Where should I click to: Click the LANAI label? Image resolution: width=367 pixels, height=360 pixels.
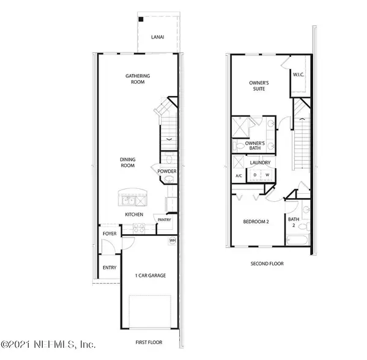[x=158, y=37]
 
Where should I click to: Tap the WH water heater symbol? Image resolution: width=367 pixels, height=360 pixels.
[x=172, y=240]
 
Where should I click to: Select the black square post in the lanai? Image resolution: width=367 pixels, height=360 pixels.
[x=141, y=20]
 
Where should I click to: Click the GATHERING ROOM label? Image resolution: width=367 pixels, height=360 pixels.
[x=138, y=79]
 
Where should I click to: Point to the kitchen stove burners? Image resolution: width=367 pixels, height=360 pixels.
[x=139, y=229]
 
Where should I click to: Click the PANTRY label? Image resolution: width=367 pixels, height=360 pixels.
[x=165, y=219]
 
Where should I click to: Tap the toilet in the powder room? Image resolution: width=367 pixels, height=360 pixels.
[x=169, y=158]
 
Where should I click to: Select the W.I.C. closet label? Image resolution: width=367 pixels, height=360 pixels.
[x=298, y=75]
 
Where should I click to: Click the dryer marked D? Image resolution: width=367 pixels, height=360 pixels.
[x=255, y=175]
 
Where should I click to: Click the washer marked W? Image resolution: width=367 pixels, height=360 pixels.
[x=267, y=175]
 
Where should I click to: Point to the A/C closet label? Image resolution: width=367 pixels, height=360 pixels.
[x=239, y=175]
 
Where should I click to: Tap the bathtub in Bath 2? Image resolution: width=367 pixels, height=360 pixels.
[x=297, y=240]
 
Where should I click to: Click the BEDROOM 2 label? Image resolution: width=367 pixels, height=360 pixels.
[x=256, y=221]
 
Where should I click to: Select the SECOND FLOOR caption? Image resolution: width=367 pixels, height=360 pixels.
[x=267, y=263]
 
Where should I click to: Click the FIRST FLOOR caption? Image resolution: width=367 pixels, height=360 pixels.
[x=149, y=342]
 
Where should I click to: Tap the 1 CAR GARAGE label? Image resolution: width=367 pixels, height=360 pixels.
[x=150, y=276]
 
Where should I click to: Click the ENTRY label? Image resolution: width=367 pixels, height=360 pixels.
[x=109, y=268]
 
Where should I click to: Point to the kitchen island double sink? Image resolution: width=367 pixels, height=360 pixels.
[x=128, y=201]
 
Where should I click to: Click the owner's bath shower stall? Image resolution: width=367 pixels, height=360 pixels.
[x=240, y=128]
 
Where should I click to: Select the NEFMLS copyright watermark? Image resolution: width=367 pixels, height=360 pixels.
[x=48, y=344]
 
